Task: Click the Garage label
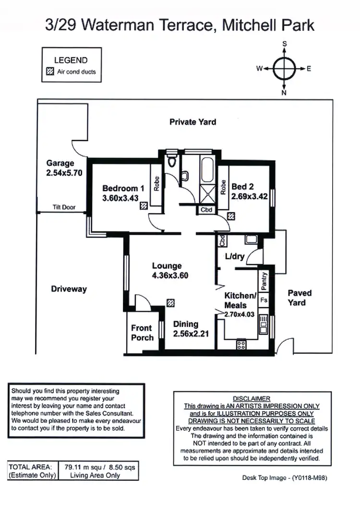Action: click(60, 163)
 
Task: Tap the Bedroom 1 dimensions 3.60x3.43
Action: click(120, 198)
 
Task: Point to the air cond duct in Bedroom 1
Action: click(144, 206)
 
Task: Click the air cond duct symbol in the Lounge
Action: click(170, 303)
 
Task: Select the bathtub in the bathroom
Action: click(206, 171)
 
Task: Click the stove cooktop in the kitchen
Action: click(241, 344)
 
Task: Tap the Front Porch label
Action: click(142, 333)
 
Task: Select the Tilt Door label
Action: click(64, 208)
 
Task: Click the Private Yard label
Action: click(192, 122)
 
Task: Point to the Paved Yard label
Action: click(300, 298)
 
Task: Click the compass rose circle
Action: click(284, 68)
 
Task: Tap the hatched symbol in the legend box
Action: click(49, 72)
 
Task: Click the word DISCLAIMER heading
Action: click(252, 399)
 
